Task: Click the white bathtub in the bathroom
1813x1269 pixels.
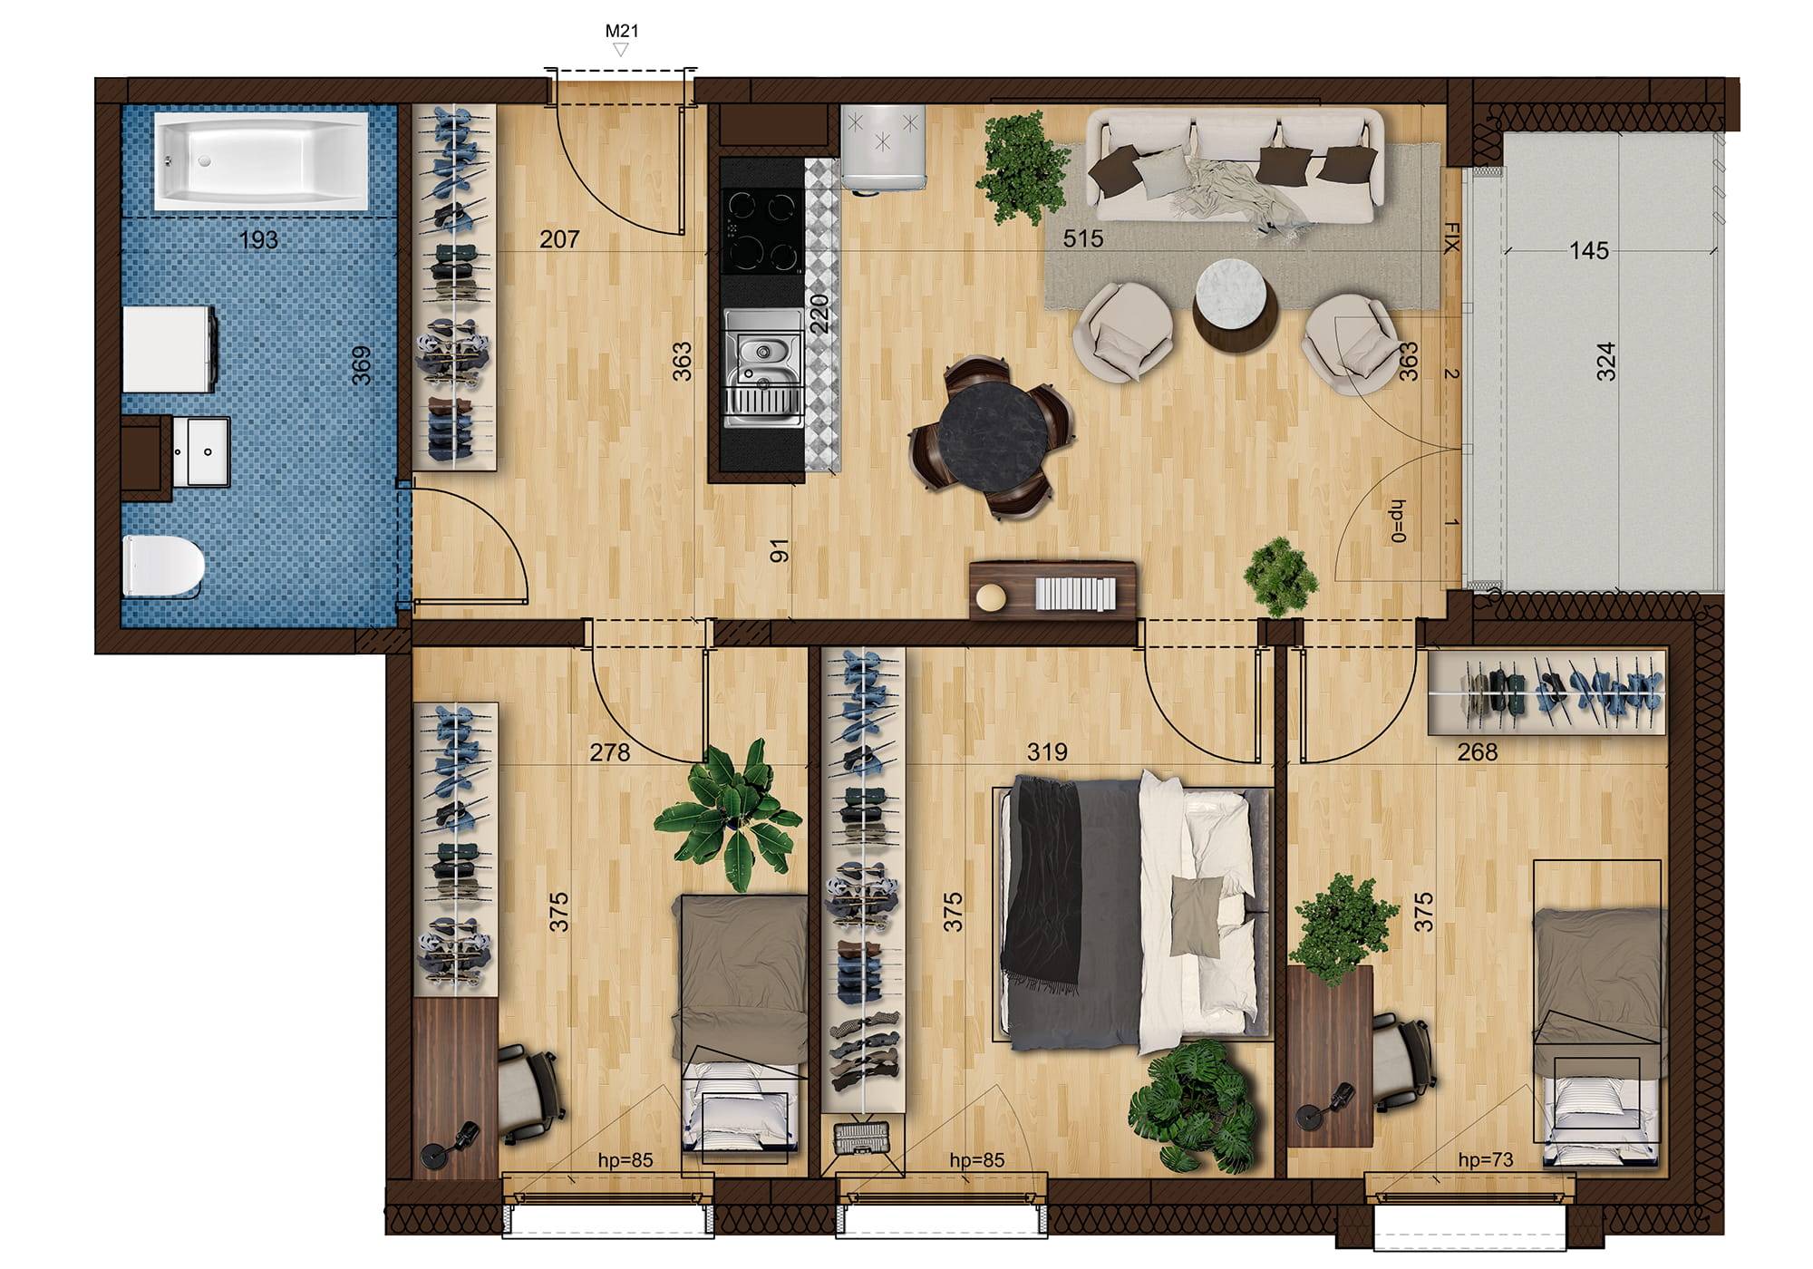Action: pos(261,161)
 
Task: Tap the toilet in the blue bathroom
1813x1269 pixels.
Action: pos(163,566)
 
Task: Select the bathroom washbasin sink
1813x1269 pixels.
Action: pos(199,450)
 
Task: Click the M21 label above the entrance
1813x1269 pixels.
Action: pos(622,31)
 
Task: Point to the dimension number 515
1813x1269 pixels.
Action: pos(1083,238)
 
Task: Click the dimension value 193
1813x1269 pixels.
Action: pos(258,241)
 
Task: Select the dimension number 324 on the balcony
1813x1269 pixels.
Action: pos(1605,361)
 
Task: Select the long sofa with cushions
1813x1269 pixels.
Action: pos(1237,168)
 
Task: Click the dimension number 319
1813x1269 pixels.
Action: pos(1047,752)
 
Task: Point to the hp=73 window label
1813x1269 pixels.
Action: pos(1486,1159)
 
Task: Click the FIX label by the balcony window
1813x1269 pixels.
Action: pos(1452,237)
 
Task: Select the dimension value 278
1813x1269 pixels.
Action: pos(610,752)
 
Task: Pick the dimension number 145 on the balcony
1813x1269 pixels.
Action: pos(1589,251)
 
